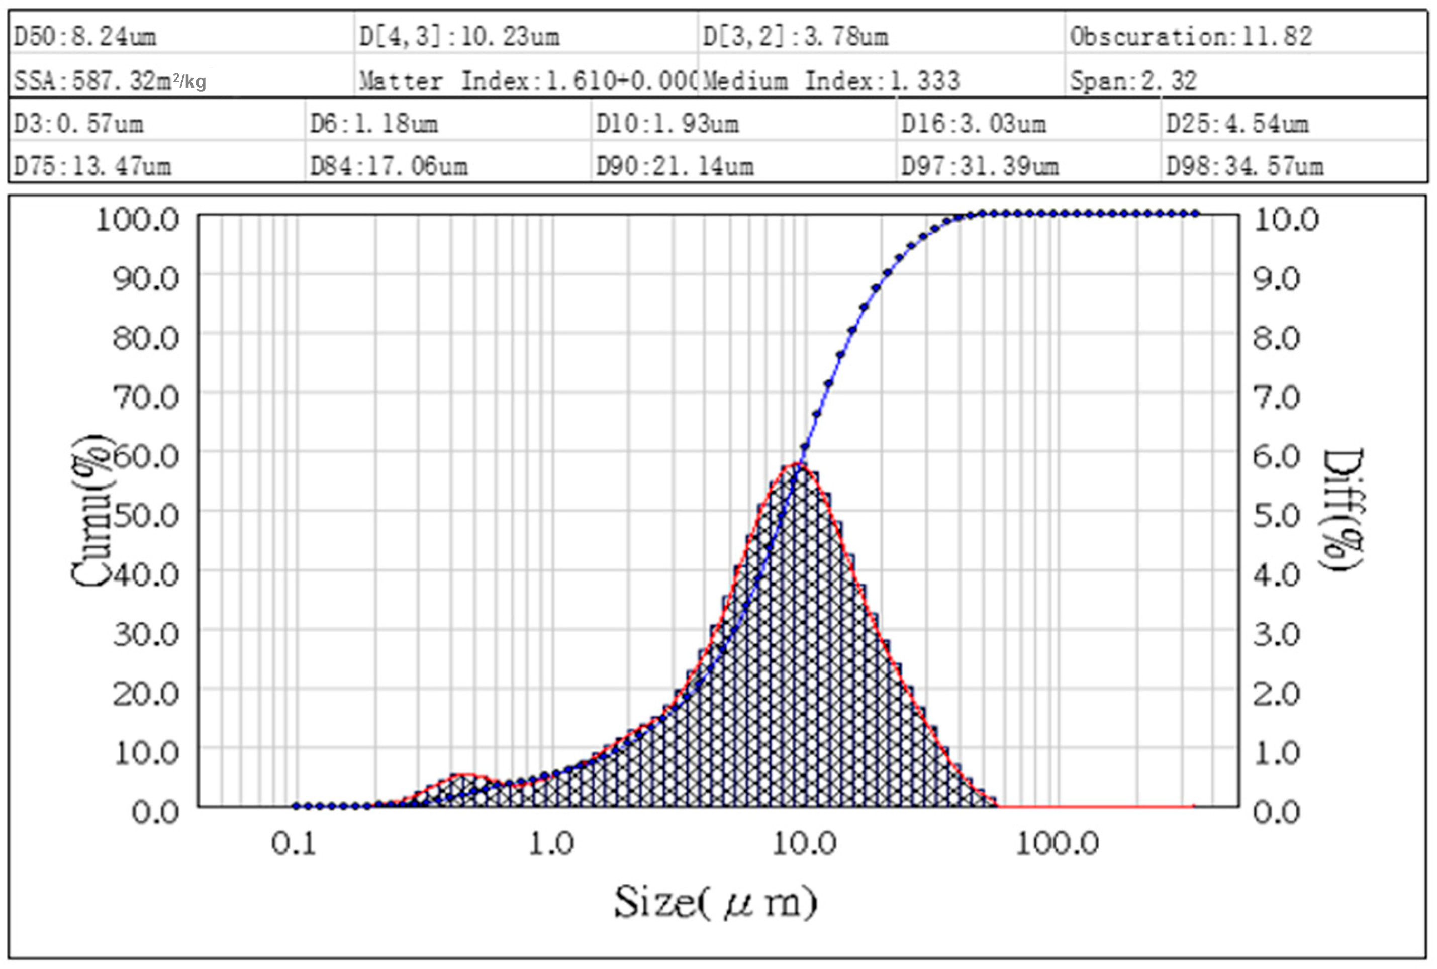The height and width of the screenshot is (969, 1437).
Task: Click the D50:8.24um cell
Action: click(85, 37)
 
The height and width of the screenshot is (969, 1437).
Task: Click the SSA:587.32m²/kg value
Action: click(110, 81)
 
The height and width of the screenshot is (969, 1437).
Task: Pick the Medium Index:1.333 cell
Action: click(831, 81)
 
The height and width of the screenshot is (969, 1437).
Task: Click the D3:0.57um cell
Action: click(78, 124)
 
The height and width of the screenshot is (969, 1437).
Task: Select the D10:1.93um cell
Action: click(667, 124)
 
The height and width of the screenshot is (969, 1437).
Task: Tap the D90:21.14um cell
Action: click(675, 166)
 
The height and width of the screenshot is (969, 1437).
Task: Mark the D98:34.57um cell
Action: click(1244, 166)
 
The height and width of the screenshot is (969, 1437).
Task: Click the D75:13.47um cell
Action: click(92, 166)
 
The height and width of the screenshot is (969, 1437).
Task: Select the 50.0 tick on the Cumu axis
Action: click(146, 515)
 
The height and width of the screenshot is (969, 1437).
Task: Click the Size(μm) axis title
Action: click(715, 903)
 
